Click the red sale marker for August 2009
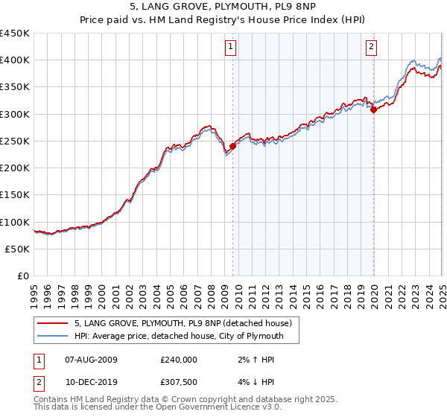point(232,147)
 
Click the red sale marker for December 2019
point(373,110)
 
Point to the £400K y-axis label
point(14,60)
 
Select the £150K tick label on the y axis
point(14,195)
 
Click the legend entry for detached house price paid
point(186,323)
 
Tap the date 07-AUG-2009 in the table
point(92,360)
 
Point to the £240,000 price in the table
point(179,360)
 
